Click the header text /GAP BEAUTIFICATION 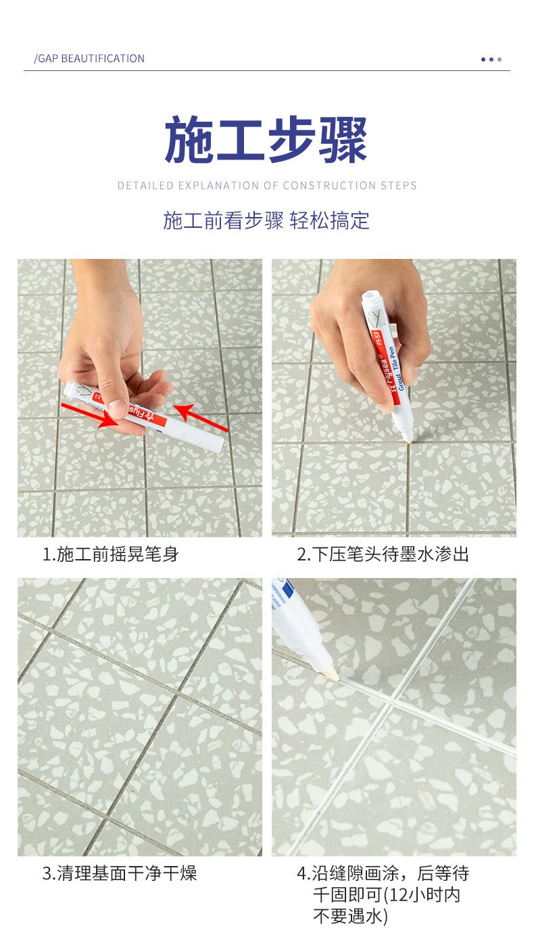[89, 58]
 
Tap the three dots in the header [491, 59]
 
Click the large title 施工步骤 [266, 140]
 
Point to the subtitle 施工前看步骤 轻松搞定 [266, 220]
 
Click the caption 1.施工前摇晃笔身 [111, 554]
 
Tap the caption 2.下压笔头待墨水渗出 [383, 554]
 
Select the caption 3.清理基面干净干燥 [120, 873]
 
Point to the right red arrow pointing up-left [201, 417]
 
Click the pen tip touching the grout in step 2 [409, 439]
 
